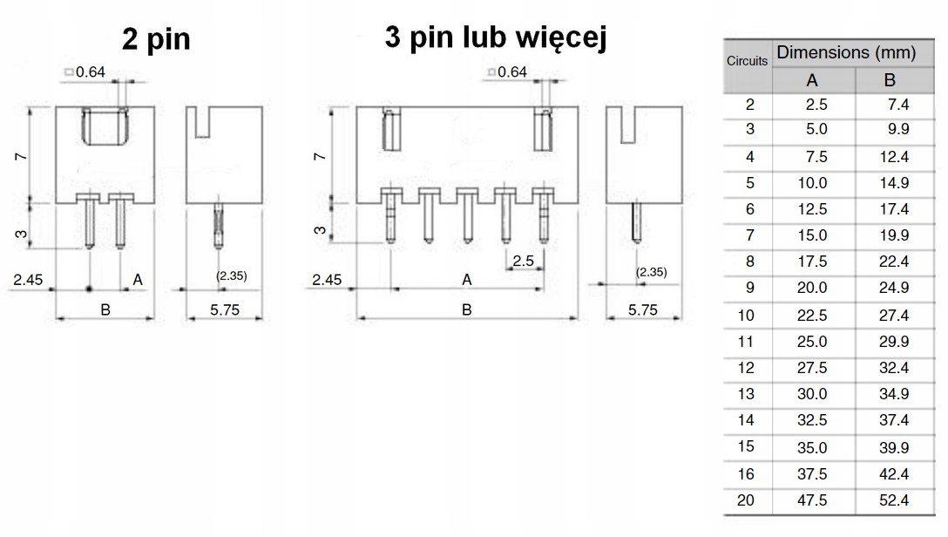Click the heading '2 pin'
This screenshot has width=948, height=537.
pos(157,39)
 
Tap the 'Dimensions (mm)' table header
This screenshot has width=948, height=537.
pos(845,52)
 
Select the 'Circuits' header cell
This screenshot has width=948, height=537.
pos(748,61)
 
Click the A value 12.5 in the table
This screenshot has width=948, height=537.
pos(812,209)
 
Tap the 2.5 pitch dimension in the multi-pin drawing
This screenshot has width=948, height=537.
pos(524,261)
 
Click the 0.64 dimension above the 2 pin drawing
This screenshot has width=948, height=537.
pos(91,71)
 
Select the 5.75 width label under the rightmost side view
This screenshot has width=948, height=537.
pos(643,309)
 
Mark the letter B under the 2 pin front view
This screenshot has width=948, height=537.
pos(105,309)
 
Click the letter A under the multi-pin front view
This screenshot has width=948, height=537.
pos(466,280)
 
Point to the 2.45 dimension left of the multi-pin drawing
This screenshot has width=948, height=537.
pos(328,280)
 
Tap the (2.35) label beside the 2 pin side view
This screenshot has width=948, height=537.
pos(231,275)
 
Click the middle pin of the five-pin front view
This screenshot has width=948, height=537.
pos(466,217)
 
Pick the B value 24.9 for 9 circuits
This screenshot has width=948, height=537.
pos(894,288)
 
